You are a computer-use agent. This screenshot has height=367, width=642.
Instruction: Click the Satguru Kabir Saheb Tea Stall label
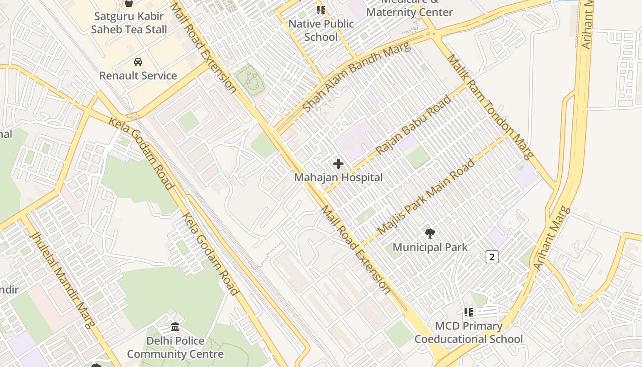point(129,23)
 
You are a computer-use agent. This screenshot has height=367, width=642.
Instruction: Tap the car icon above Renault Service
point(138,62)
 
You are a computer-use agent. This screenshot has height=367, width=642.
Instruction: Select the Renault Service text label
point(138,76)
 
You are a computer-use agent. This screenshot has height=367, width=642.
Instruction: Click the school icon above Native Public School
point(321,10)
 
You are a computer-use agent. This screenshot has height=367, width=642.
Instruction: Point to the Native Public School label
point(321,30)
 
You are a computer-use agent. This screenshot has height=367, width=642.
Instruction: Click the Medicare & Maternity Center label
point(410,9)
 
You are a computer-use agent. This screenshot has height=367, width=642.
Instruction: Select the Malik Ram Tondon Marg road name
point(491,106)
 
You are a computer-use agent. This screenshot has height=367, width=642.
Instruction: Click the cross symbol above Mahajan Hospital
point(338,164)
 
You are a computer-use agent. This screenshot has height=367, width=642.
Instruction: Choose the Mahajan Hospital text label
point(338,178)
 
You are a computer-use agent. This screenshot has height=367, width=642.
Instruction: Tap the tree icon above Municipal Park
point(430,234)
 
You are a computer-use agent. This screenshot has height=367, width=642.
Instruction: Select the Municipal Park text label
point(430,247)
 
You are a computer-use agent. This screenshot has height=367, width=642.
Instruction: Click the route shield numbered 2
point(492,257)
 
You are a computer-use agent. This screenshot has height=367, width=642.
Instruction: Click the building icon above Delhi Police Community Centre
point(175,327)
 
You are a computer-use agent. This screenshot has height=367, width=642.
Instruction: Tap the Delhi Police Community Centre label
point(175,347)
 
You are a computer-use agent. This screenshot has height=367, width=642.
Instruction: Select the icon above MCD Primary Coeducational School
point(468,312)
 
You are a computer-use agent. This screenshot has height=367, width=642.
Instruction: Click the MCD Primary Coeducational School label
point(469,333)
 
